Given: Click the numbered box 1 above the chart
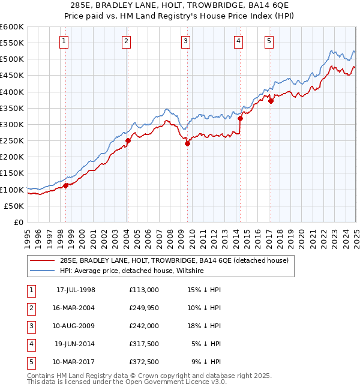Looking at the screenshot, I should click(x=64, y=41).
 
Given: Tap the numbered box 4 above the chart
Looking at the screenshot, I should click(x=239, y=41).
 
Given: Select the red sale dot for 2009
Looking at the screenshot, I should click(x=187, y=143).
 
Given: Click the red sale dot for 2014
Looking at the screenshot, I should click(x=240, y=118).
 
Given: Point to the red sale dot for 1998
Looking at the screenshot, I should click(x=65, y=185).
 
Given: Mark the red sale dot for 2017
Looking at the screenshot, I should click(x=270, y=101).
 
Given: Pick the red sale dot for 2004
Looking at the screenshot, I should click(x=128, y=140).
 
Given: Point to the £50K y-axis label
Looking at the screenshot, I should click(x=14, y=206).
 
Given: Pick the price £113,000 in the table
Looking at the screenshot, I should click(x=143, y=290).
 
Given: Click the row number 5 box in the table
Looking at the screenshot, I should click(x=31, y=362).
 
